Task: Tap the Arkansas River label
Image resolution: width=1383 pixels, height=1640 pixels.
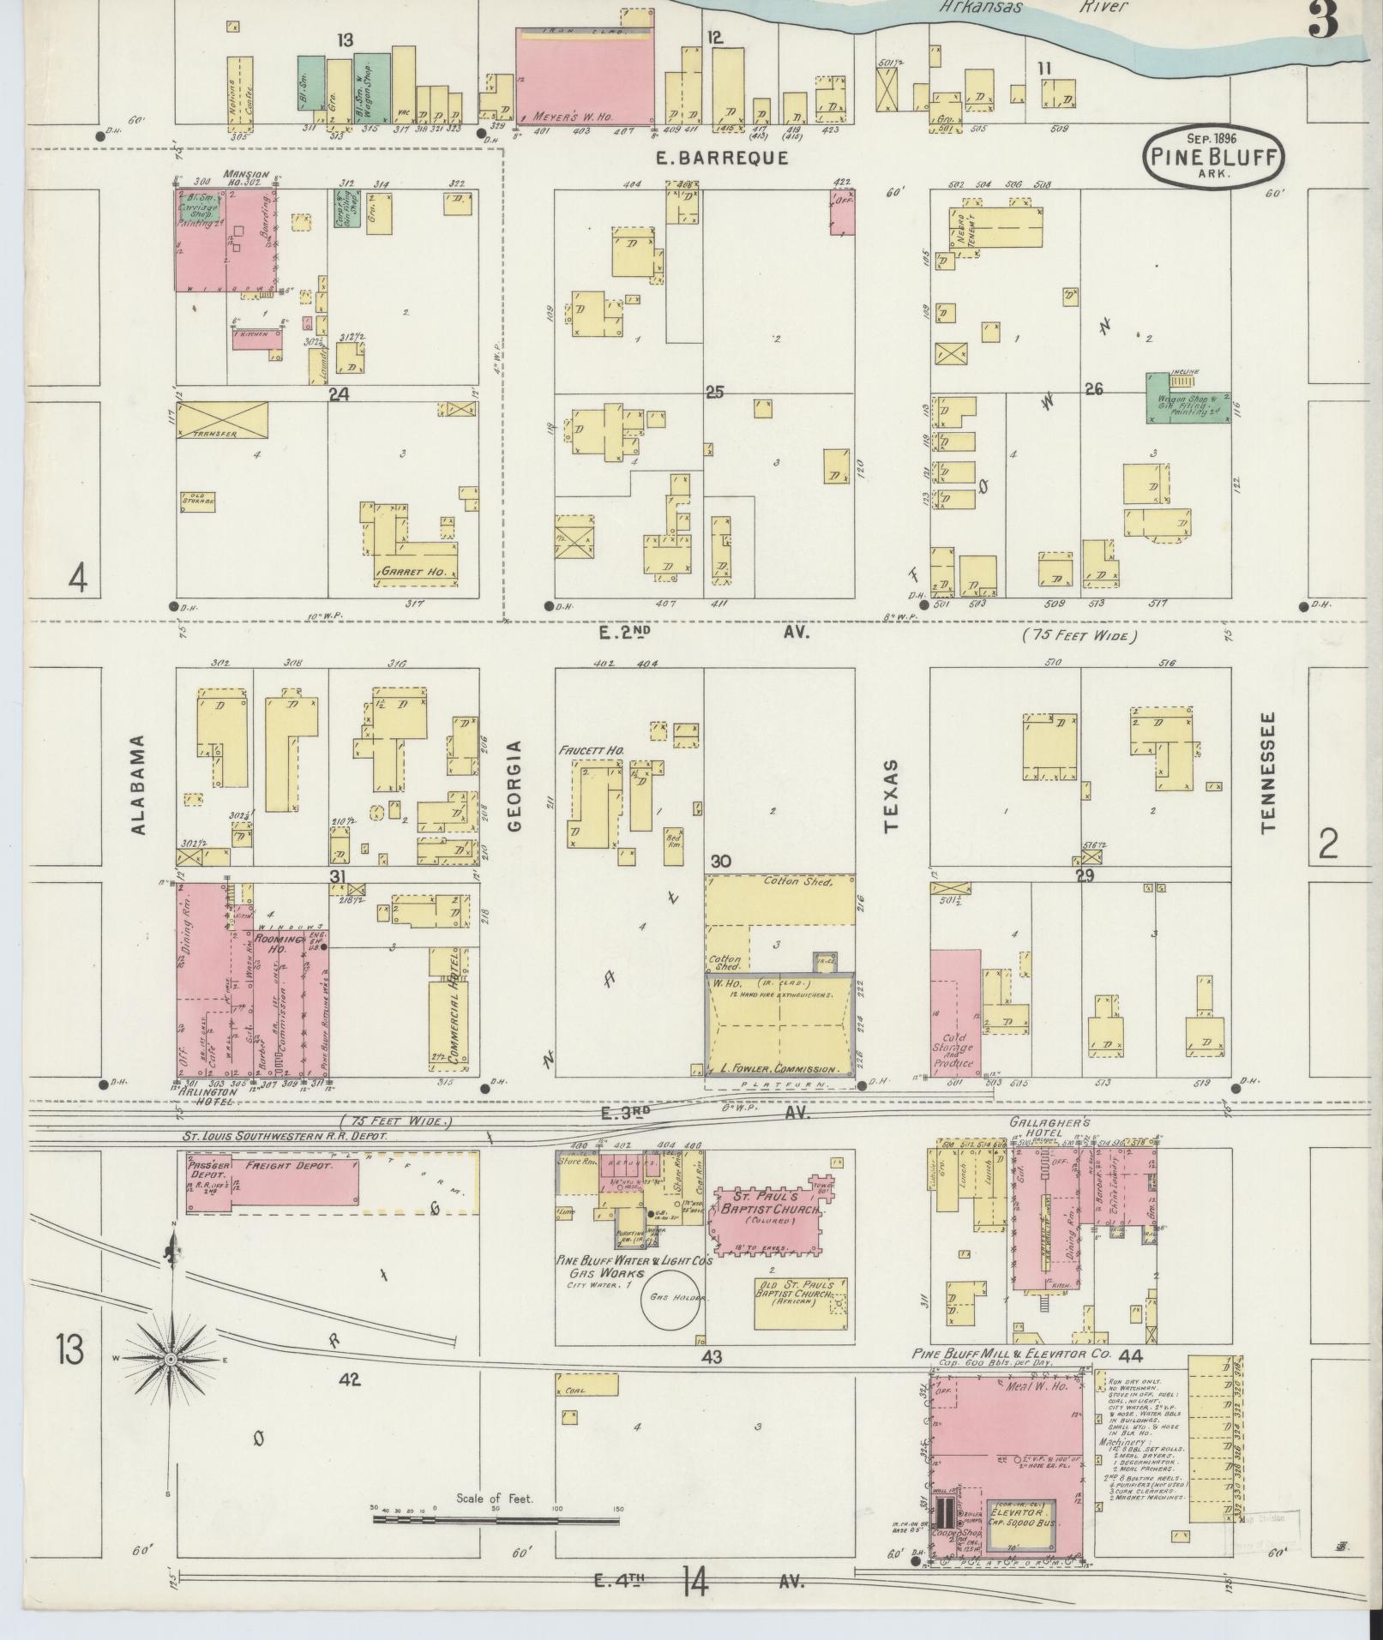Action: [1033, 8]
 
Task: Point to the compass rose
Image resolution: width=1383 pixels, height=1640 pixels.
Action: [172, 1361]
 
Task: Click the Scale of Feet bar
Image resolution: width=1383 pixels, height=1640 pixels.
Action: [496, 1521]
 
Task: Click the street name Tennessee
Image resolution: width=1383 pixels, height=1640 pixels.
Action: [1267, 772]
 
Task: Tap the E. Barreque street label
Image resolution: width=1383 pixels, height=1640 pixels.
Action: [721, 159]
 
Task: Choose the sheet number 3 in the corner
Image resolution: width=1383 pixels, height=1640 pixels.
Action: [1324, 21]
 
